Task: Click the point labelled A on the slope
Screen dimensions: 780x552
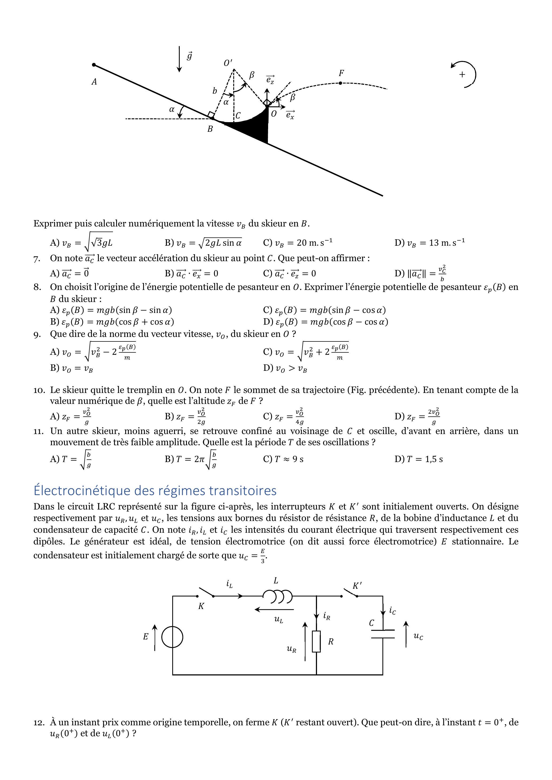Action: point(94,65)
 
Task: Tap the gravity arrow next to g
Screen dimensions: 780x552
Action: point(179,60)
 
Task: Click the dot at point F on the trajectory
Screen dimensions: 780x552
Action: point(340,83)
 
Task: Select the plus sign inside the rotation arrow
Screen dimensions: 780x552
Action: point(462,74)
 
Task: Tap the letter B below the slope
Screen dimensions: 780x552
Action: point(210,129)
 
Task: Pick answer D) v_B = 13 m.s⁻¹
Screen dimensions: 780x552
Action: point(430,242)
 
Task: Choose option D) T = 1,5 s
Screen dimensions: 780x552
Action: point(419,459)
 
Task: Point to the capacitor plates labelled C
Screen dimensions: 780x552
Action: point(383,634)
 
